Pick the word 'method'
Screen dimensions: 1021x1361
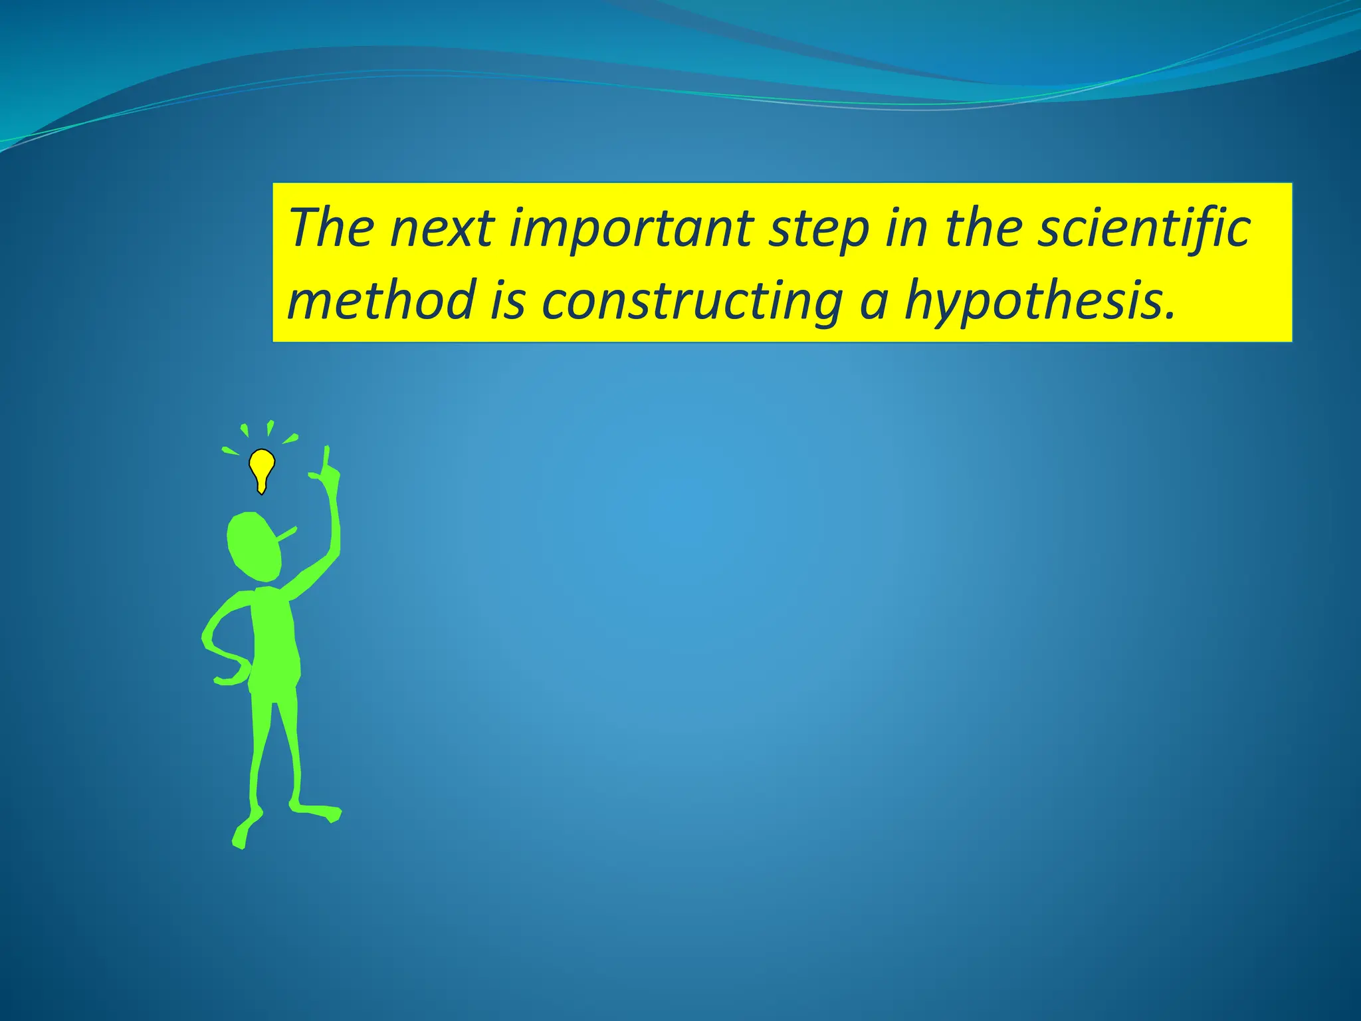click(x=381, y=300)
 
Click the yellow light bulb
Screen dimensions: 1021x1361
click(x=262, y=468)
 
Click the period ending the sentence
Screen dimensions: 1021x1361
click(x=1170, y=316)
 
